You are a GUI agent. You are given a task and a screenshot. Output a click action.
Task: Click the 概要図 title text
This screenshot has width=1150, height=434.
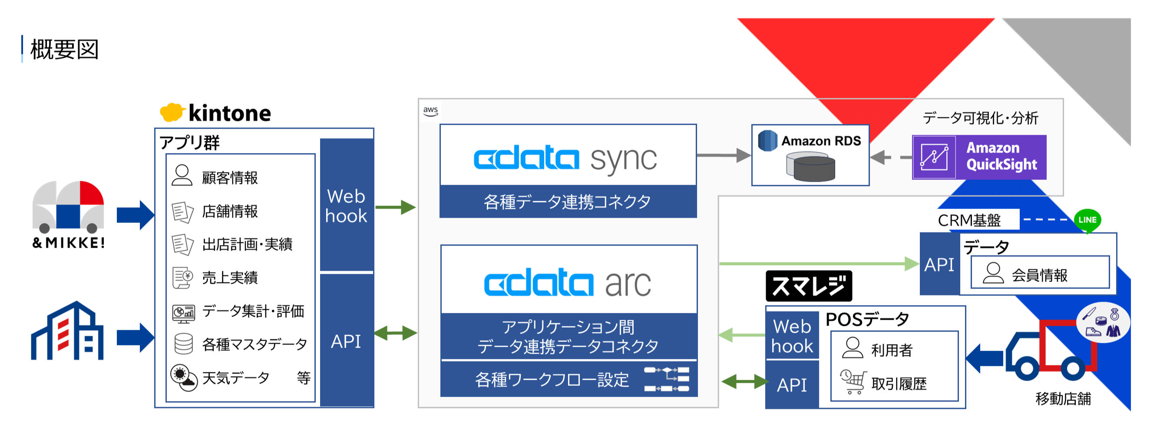[64, 50]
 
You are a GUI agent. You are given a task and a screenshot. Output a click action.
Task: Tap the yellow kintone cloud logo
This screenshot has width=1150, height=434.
[172, 113]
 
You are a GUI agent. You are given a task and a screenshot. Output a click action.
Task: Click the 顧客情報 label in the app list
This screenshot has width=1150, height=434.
[229, 178]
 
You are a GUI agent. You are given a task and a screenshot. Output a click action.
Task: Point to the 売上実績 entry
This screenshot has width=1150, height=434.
[229, 278]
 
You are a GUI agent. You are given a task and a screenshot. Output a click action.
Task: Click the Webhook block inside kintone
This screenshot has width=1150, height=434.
[347, 206]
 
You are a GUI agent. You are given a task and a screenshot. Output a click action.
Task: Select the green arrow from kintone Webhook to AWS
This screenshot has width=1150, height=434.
[395, 207]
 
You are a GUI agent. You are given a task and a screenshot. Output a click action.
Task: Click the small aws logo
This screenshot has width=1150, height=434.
[430, 111]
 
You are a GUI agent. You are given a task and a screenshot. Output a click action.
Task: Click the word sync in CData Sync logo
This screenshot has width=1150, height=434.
[623, 159]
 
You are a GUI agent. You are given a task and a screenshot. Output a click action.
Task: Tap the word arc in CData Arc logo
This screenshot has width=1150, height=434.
[628, 284]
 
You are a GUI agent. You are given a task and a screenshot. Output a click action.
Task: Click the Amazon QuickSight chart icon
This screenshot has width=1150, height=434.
[934, 157]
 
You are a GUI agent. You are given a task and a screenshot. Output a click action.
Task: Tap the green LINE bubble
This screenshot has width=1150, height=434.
[1087, 220]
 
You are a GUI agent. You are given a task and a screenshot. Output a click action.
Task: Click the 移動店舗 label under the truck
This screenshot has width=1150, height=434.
[1063, 399]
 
